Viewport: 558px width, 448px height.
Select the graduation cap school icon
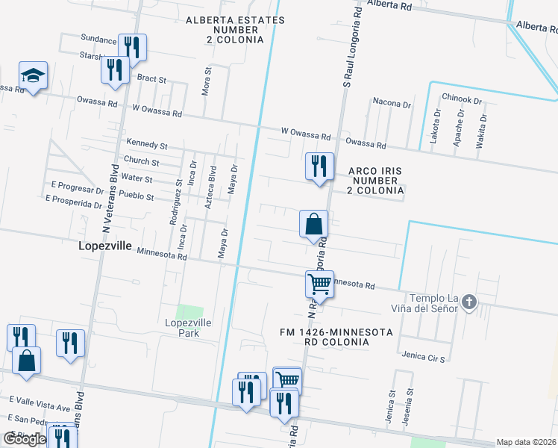pyautogui.click(x=33, y=75)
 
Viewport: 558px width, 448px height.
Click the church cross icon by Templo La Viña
pyautogui.click(x=468, y=302)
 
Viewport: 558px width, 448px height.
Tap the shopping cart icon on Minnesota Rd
pyautogui.click(x=319, y=284)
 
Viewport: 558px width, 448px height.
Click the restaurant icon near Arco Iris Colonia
pyautogui.click(x=319, y=167)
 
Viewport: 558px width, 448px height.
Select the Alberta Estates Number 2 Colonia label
pyautogui.click(x=225, y=29)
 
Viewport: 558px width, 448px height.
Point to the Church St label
pyautogui.click(x=142, y=161)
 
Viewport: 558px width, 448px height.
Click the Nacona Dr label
pyautogui.click(x=392, y=105)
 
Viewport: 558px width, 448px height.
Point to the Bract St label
pyautogui.click(x=151, y=78)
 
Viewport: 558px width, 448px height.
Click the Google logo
pyautogui.click(x=25, y=439)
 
